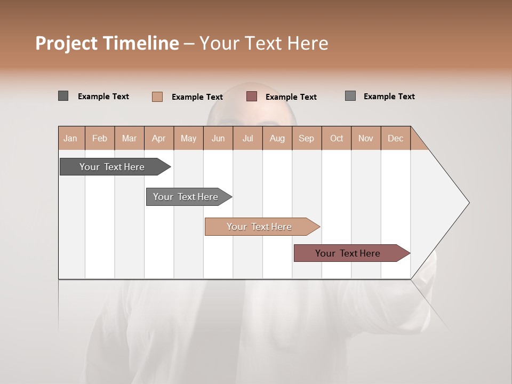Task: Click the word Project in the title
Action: click(67, 43)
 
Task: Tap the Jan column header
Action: click(70, 138)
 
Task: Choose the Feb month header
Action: click(100, 138)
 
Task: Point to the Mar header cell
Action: click(129, 138)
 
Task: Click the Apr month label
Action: click(158, 138)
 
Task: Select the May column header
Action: click(188, 138)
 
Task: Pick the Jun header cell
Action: click(218, 138)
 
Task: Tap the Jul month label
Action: click(247, 138)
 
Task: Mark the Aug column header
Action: click(277, 138)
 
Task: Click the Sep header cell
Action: click(306, 138)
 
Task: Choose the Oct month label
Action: click(337, 138)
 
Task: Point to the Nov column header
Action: click(366, 138)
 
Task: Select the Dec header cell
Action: click(395, 138)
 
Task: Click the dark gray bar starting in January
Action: click(112, 167)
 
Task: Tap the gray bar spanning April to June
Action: click(186, 197)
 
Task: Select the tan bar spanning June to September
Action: click(259, 227)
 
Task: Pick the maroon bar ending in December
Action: click(348, 253)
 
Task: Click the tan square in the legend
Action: click(157, 97)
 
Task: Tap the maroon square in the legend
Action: click(252, 97)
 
